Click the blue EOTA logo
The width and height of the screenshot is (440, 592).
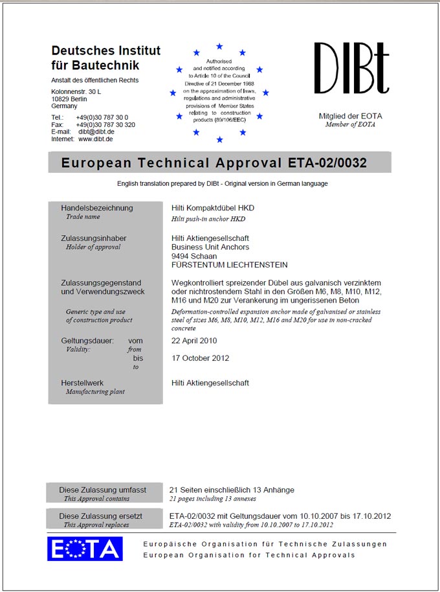(x=85, y=549)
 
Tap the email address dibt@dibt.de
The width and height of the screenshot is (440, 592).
(x=96, y=131)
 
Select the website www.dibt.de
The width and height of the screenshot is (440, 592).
(x=96, y=139)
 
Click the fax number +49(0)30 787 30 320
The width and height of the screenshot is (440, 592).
(x=105, y=124)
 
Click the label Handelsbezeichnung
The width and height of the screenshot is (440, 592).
(x=96, y=208)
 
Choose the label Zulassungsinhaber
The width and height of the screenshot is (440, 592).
(x=94, y=238)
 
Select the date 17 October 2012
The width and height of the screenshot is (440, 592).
(x=200, y=358)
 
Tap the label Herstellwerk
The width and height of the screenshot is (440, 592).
(x=82, y=383)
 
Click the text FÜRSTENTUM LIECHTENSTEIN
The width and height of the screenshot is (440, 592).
(x=230, y=265)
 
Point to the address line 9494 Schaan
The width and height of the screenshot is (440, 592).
(x=194, y=256)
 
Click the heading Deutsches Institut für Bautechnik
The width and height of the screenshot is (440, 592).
(x=105, y=58)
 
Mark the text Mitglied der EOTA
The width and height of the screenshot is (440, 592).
(x=350, y=116)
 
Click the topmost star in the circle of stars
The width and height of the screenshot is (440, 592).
(x=219, y=47)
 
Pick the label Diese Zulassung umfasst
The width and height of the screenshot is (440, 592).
(x=103, y=490)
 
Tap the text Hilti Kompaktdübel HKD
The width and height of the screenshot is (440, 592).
(x=213, y=208)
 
